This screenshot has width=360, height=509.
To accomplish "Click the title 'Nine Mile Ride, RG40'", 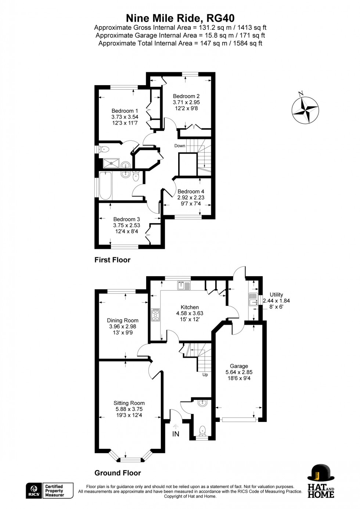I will (180, 18).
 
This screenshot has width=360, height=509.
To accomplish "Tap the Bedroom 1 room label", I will (125, 111).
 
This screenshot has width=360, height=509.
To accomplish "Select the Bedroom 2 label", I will (186, 96).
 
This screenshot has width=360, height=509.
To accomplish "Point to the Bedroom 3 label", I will (126, 219).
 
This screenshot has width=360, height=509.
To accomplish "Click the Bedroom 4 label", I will (191, 191).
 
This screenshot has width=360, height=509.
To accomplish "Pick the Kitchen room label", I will (190, 307).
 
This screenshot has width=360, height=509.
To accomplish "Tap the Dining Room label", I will (122, 320).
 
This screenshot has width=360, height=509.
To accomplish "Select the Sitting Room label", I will (129, 403).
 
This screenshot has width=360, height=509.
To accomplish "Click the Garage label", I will (239, 366).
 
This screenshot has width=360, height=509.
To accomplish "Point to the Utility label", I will (276, 295).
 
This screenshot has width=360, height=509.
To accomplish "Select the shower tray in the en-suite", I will (111, 163).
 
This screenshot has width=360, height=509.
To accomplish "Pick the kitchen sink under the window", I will (183, 285).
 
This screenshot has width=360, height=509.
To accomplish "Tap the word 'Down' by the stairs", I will (180, 146).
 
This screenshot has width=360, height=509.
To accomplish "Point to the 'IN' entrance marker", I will (176, 434).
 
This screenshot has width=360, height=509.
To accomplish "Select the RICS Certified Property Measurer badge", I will (50, 491).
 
